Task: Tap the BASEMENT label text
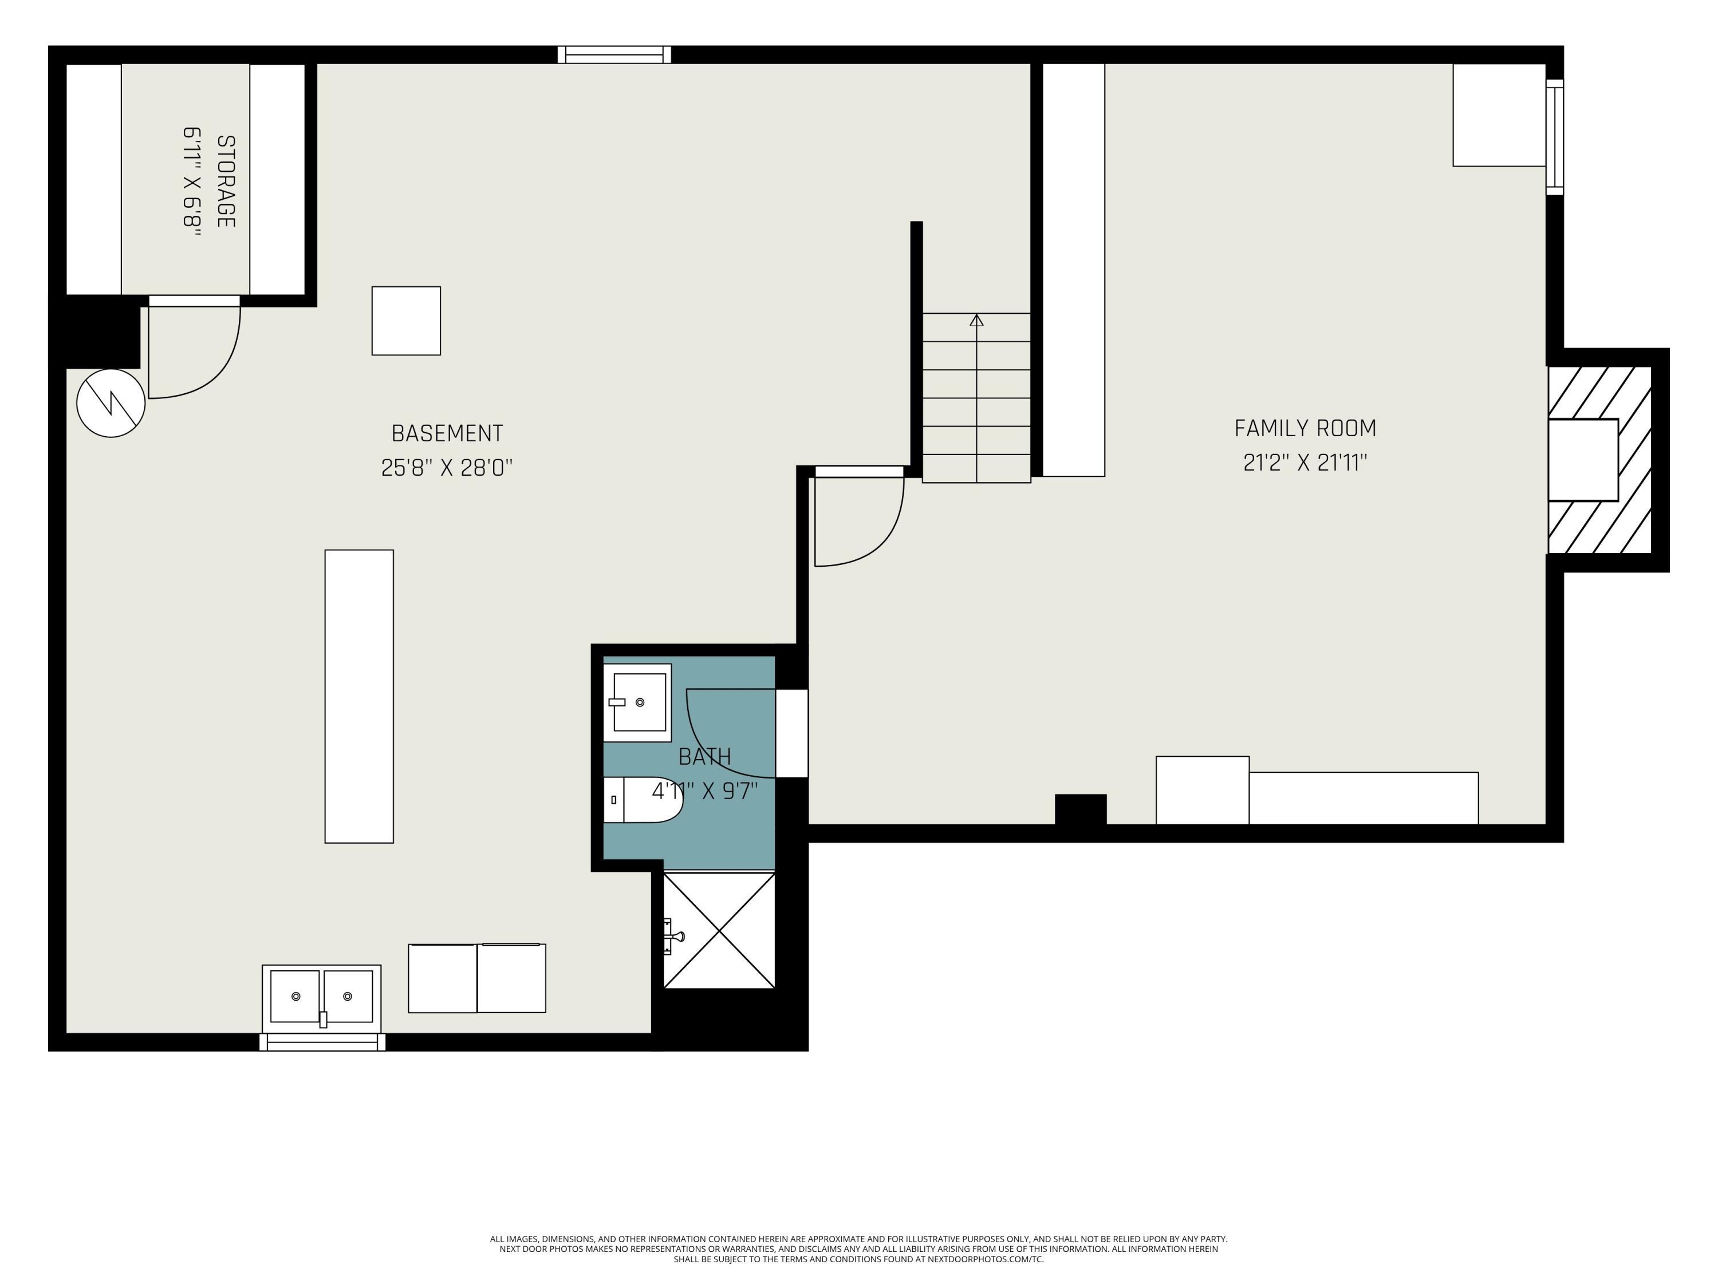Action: tap(447, 433)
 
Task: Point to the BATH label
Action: tap(704, 756)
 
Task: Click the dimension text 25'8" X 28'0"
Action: tap(447, 467)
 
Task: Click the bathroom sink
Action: tap(637, 702)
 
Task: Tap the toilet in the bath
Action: tap(643, 800)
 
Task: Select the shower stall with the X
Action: tap(719, 931)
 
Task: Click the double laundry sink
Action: tap(321, 998)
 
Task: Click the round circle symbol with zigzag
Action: tap(111, 403)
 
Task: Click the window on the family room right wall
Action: tap(1554, 137)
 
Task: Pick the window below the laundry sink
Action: tap(322, 1042)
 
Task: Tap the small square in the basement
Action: tap(406, 321)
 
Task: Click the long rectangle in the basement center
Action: tap(359, 697)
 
